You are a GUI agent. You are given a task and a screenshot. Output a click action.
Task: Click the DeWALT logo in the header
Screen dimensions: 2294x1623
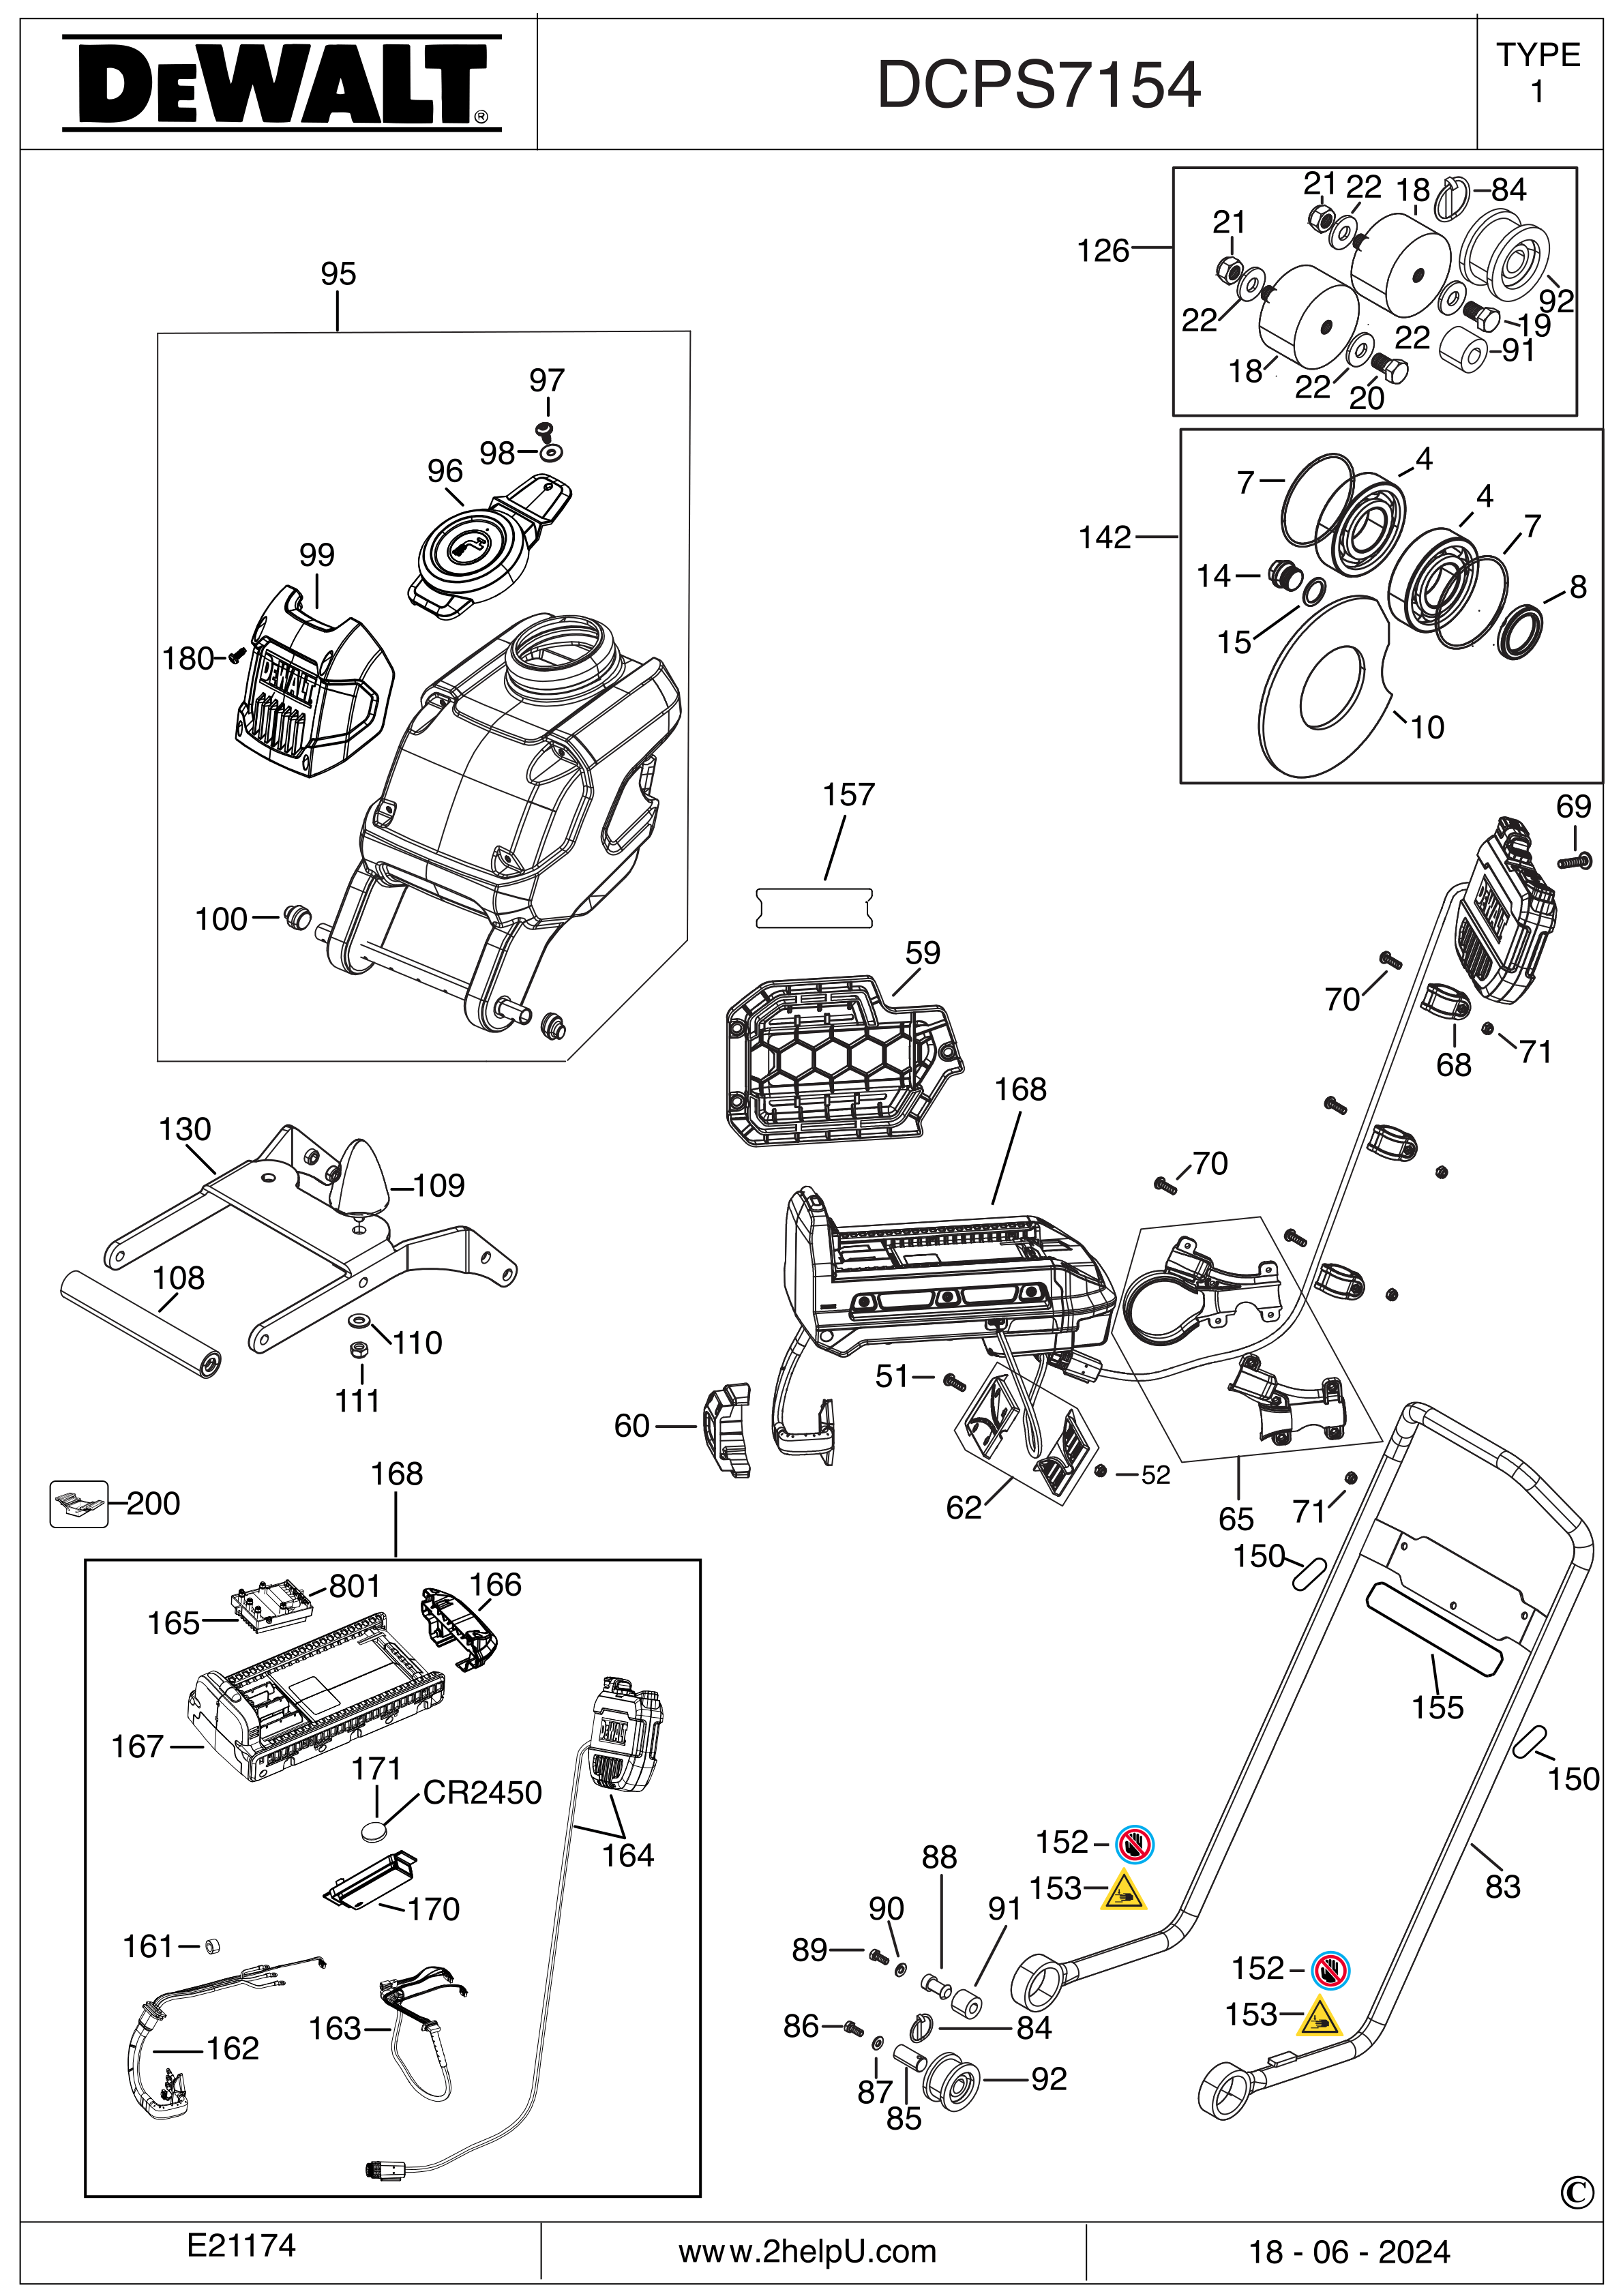coord(281,84)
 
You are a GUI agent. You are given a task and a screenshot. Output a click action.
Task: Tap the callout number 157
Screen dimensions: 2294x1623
coord(848,795)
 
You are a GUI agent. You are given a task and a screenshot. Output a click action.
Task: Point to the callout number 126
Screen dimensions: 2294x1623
coord(1101,251)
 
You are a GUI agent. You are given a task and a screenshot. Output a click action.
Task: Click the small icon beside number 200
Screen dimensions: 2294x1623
coord(78,1503)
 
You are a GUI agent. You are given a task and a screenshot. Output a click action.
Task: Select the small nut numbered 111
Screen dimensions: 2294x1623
coord(354,1350)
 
